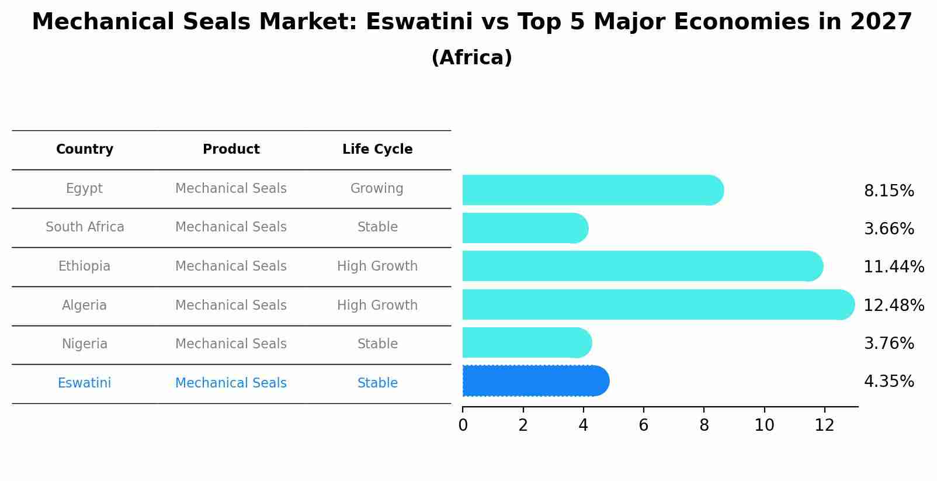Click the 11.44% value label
click(893, 267)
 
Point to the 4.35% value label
click(889, 382)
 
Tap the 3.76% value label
click(889, 343)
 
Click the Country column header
click(85, 150)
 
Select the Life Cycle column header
click(377, 150)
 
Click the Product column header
click(231, 150)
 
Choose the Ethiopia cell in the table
click(84, 267)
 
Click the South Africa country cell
click(85, 227)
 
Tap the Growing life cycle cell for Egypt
click(377, 189)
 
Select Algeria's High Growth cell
click(377, 305)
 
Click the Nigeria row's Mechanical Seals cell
click(231, 344)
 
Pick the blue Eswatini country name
click(84, 383)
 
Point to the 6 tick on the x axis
click(643, 425)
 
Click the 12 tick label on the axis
click(824, 425)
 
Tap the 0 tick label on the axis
click(463, 425)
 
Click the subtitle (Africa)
click(471, 58)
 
